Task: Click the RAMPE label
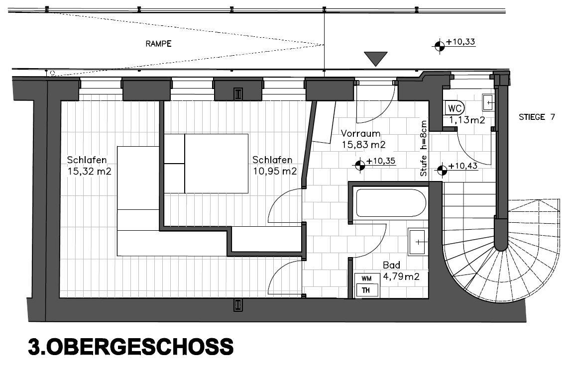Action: pyautogui.click(x=158, y=44)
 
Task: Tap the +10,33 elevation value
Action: pyautogui.click(x=460, y=42)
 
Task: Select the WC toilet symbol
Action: pyautogui.click(x=454, y=108)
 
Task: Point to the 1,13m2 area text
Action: pyautogui.click(x=467, y=120)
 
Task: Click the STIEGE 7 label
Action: pyautogui.click(x=537, y=117)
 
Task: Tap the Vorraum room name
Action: pyautogui.click(x=360, y=133)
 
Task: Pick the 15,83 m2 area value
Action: pyautogui.click(x=364, y=145)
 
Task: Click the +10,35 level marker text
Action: pyautogui.click(x=381, y=161)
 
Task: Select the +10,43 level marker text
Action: pyautogui.click(x=463, y=166)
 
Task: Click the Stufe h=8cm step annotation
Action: pyautogui.click(x=424, y=149)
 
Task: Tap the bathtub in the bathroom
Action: pyautogui.click(x=391, y=203)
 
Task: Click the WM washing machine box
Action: pyautogui.click(x=366, y=278)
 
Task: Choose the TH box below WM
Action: pyautogui.click(x=366, y=290)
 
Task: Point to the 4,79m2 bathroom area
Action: pyautogui.click(x=401, y=276)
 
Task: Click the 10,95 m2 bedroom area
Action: pyautogui.click(x=275, y=171)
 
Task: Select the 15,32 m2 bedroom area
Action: pyautogui.click(x=89, y=171)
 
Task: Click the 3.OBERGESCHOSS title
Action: pyautogui.click(x=131, y=347)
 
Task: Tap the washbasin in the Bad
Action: pyautogui.click(x=418, y=241)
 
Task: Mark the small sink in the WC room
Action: pyautogui.click(x=488, y=102)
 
